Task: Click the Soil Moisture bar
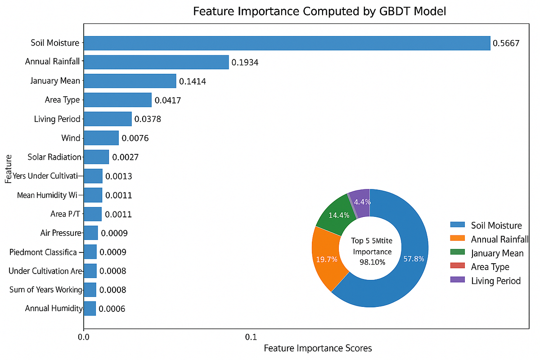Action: click(287, 43)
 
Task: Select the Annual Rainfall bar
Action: click(156, 62)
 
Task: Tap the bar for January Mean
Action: click(130, 81)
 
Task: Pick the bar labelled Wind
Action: click(101, 138)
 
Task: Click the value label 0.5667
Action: click(506, 44)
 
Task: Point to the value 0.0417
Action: click(167, 100)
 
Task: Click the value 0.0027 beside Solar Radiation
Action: click(125, 157)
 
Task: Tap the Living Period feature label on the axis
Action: click(57, 119)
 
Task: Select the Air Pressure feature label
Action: click(61, 233)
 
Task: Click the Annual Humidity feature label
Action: click(54, 308)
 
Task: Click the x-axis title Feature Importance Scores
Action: click(318, 348)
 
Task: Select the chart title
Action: click(319, 12)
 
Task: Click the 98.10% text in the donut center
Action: click(372, 261)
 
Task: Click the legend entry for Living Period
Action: click(495, 281)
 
